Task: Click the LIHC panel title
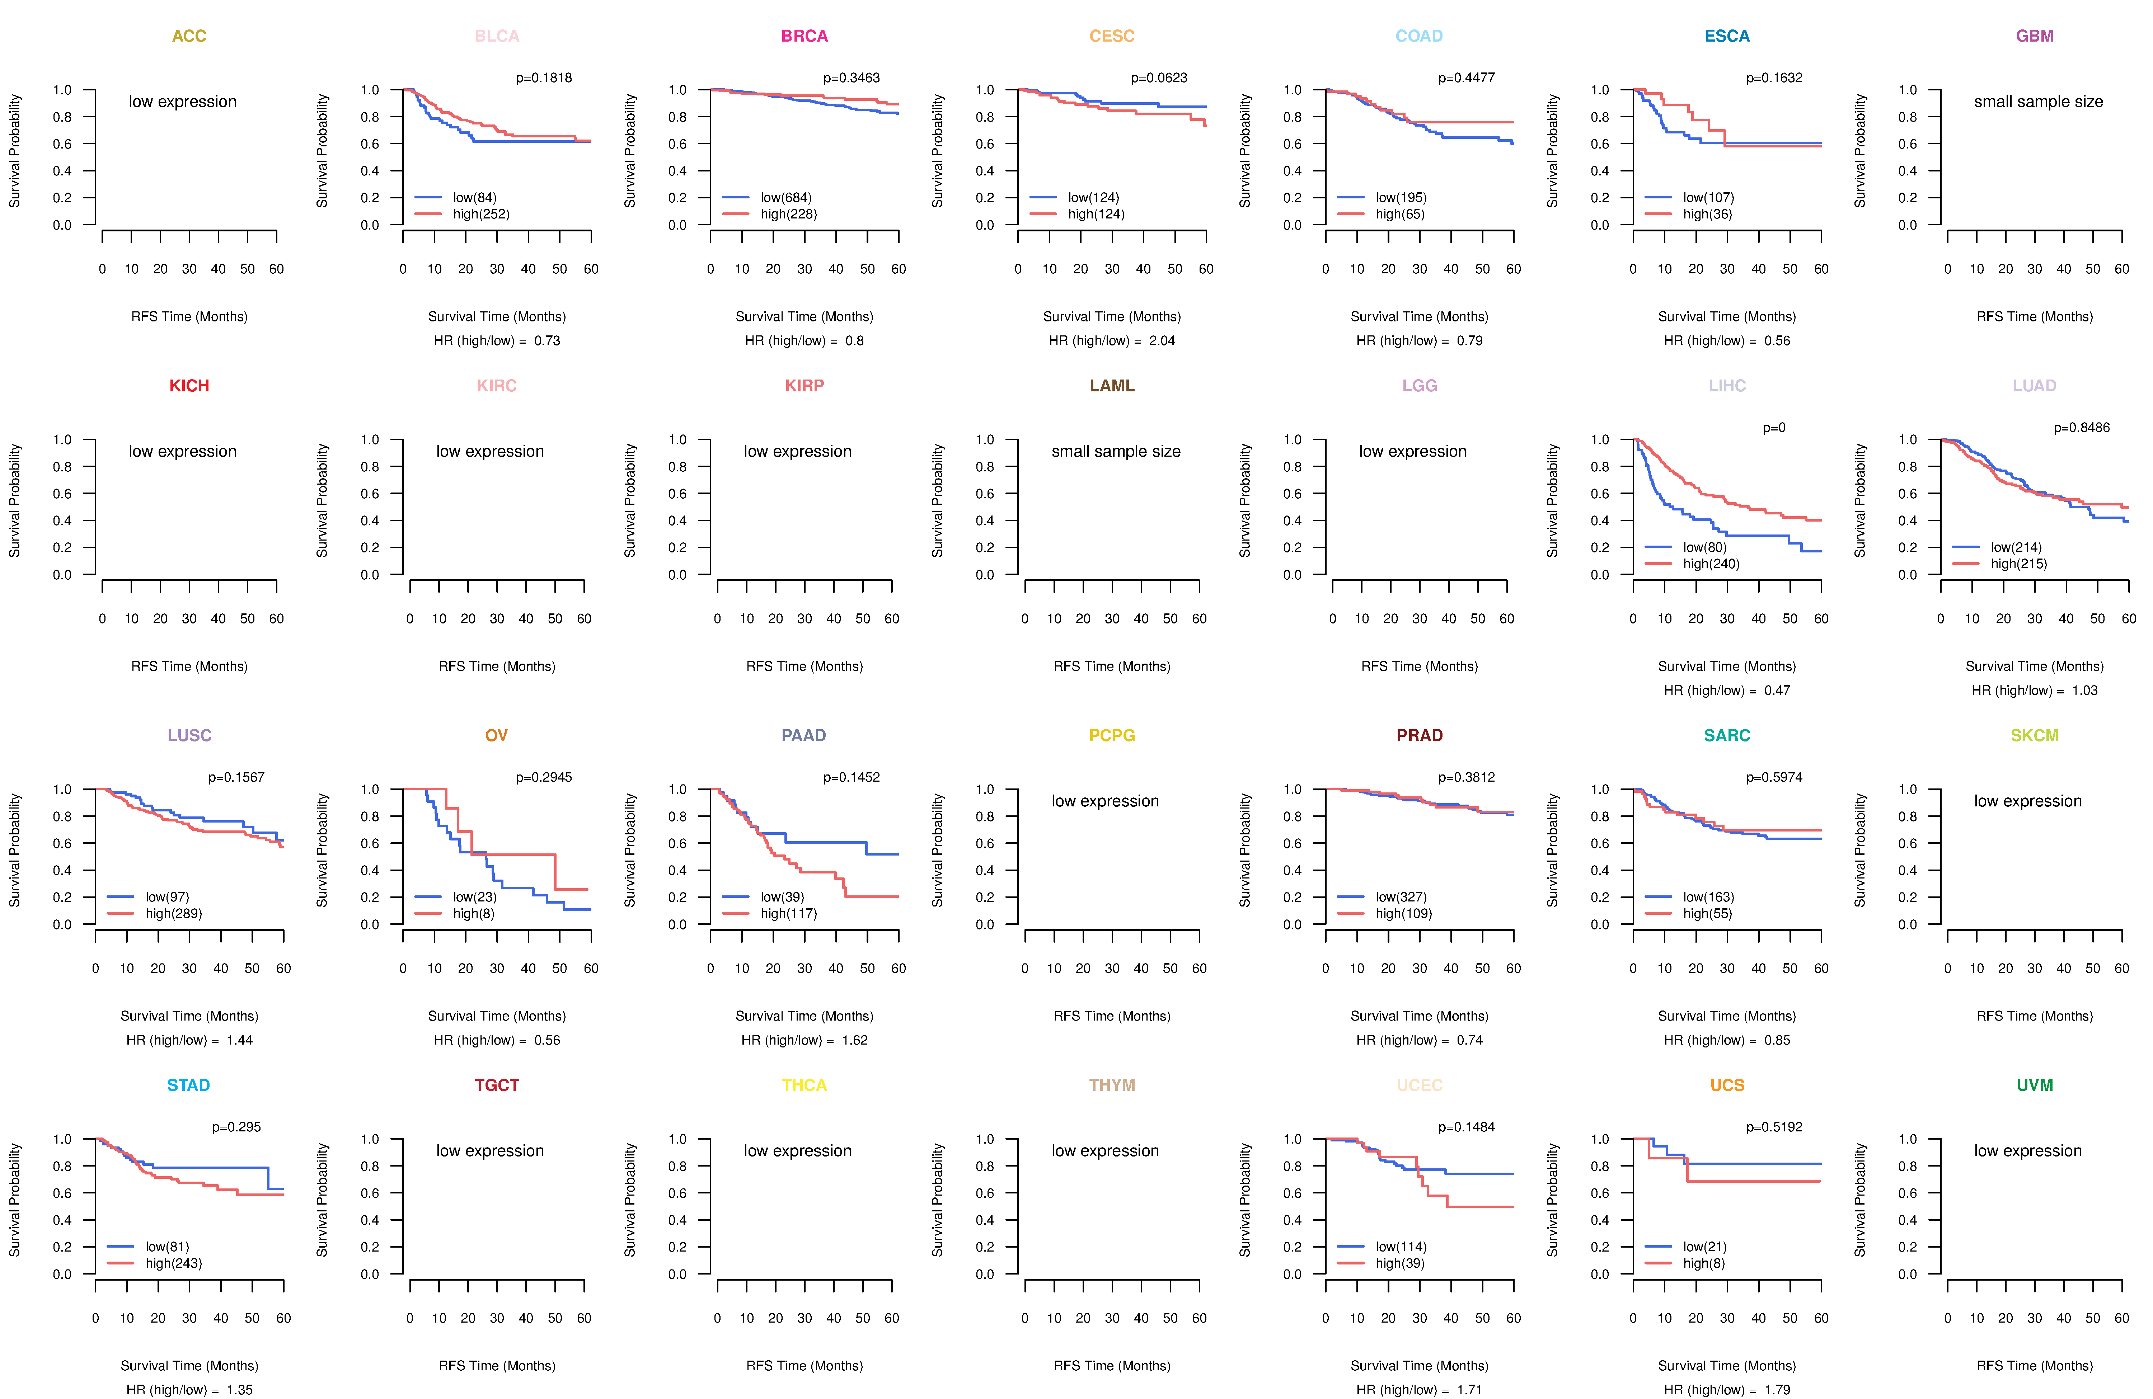tap(1727, 386)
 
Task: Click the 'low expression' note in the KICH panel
tap(183, 451)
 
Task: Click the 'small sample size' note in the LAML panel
tap(1115, 451)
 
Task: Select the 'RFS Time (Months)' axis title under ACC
tap(189, 316)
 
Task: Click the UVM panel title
tap(2035, 1085)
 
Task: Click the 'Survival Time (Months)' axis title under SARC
tap(1727, 1017)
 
